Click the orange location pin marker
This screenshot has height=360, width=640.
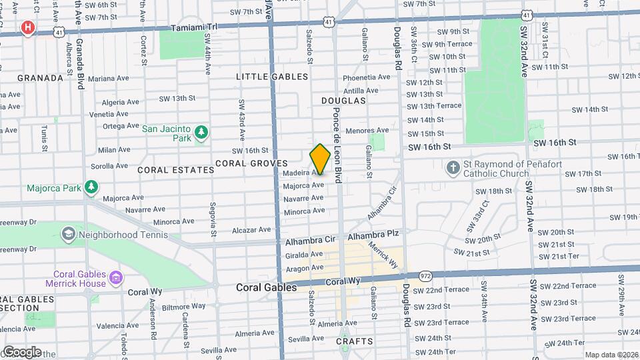point(320,159)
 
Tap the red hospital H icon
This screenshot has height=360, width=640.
point(27,27)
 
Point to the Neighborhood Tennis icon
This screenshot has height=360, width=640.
point(68,235)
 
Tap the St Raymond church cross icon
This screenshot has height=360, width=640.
point(453,169)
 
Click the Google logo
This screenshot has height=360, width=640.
point(22,351)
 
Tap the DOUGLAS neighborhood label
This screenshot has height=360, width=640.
point(343,101)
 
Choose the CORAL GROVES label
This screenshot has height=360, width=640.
point(251,163)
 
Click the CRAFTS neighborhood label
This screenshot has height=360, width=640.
point(354,341)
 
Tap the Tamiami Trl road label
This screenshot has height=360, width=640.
point(194,28)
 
